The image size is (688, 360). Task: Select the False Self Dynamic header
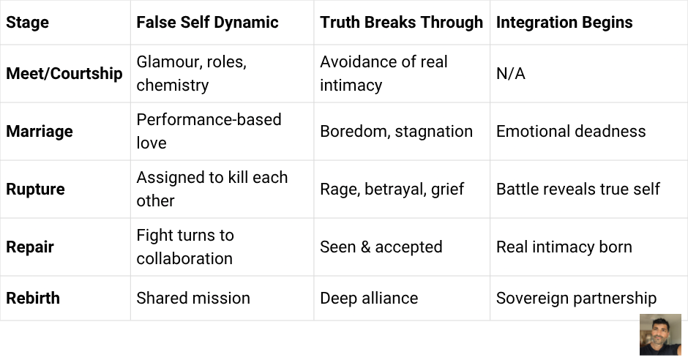pyautogui.click(x=207, y=22)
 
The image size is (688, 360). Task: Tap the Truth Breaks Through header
pyautogui.click(x=401, y=22)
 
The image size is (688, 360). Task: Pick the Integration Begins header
pyautogui.click(x=564, y=22)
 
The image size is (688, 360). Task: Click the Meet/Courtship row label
pyautogui.click(x=64, y=73)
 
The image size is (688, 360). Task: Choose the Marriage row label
pyautogui.click(x=40, y=132)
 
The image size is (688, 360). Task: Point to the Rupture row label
pyautogui.click(x=35, y=189)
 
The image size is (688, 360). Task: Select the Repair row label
pyautogui.click(x=29, y=247)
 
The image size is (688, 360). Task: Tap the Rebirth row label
pyautogui.click(x=33, y=298)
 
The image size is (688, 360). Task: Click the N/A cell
pyautogui.click(x=510, y=73)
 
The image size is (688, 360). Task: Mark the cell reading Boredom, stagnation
pyautogui.click(x=396, y=132)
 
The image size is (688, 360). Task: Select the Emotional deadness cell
pyautogui.click(x=571, y=132)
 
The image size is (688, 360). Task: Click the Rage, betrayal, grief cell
pyautogui.click(x=392, y=189)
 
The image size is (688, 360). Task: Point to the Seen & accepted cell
pyautogui.click(x=381, y=247)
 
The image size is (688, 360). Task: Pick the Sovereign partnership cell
pyautogui.click(x=576, y=298)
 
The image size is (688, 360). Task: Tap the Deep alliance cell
pyautogui.click(x=369, y=298)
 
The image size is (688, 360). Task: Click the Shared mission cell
pyautogui.click(x=193, y=298)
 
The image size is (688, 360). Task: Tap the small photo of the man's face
pyautogui.click(x=660, y=335)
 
